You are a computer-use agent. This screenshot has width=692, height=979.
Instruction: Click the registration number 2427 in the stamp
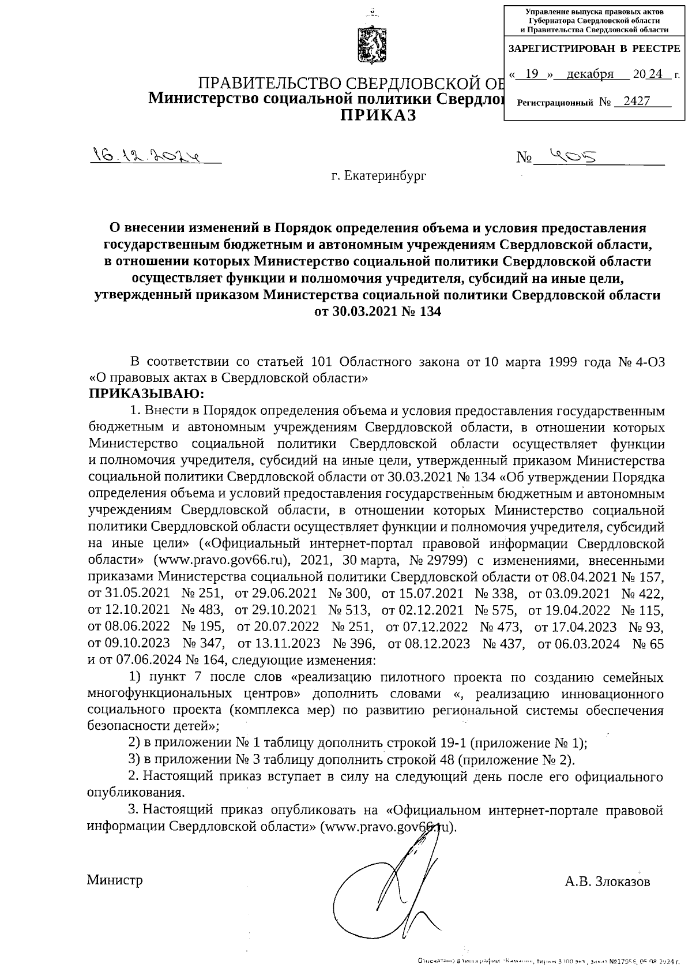(x=633, y=102)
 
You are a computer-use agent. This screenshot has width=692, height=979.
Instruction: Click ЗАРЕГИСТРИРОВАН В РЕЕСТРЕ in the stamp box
(x=594, y=50)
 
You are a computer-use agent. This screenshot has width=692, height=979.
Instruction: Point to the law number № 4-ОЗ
(x=641, y=362)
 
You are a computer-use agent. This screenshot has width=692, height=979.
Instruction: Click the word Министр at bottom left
(x=115, y=880)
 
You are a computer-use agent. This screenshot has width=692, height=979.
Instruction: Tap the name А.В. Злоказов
(x=607, y=882)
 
